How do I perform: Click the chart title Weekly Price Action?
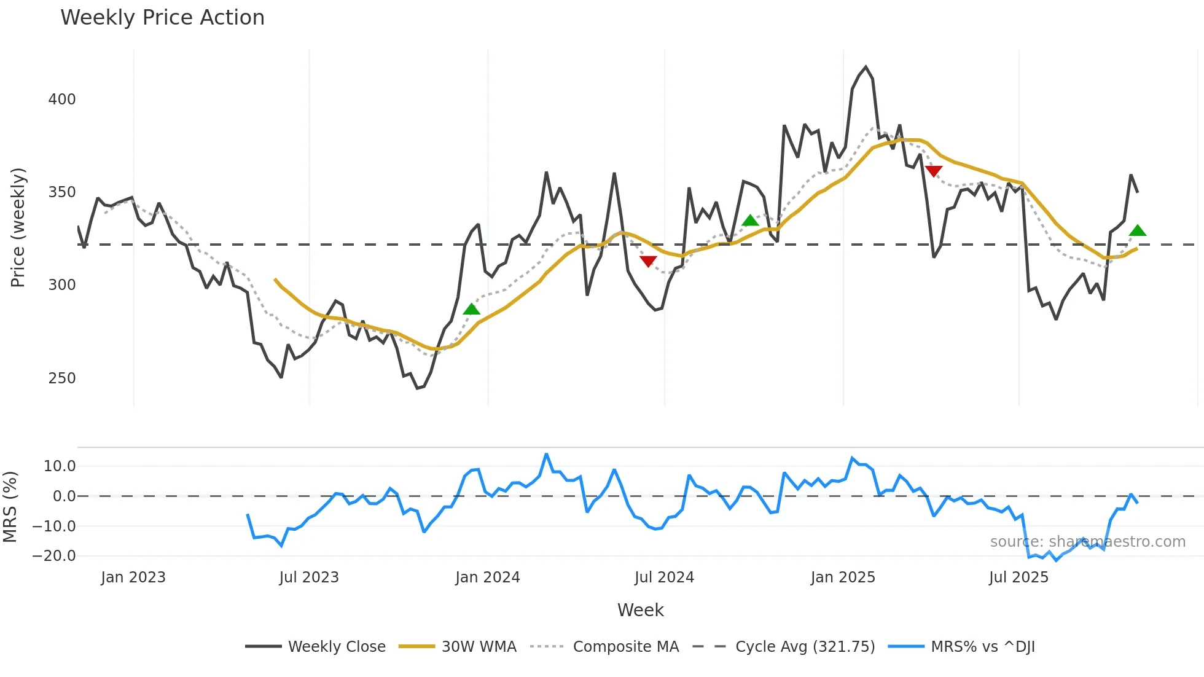pyautogui.click(x=162, y=18)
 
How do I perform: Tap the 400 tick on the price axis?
pyautogui.click(x=62, y=100)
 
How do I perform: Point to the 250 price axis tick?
pyautogui.click(x=62, y=378)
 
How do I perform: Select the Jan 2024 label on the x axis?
pyautogui.click(x=487, y=577)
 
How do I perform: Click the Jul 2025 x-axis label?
pyautogui.click(x=1018, y=577)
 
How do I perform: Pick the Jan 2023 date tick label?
pyautogui.click(x=133, y=577)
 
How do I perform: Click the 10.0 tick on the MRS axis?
pyautogui.click(x=60, y=466)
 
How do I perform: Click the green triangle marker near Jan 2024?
pyautogui.click(x=471, y=309)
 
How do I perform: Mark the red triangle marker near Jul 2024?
pyautogui.click(x=648, y=261)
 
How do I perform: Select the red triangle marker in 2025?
pyautogui.click(x=934, y=171)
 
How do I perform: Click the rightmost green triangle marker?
pyautogui.click(x=1138, y=231)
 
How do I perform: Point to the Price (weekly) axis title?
pyautogui.click(x=18, y=227)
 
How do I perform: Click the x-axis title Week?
pyautogui.click(x=640, y=610)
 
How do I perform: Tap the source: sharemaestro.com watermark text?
pyautogui.click(x=1087, y=542)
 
